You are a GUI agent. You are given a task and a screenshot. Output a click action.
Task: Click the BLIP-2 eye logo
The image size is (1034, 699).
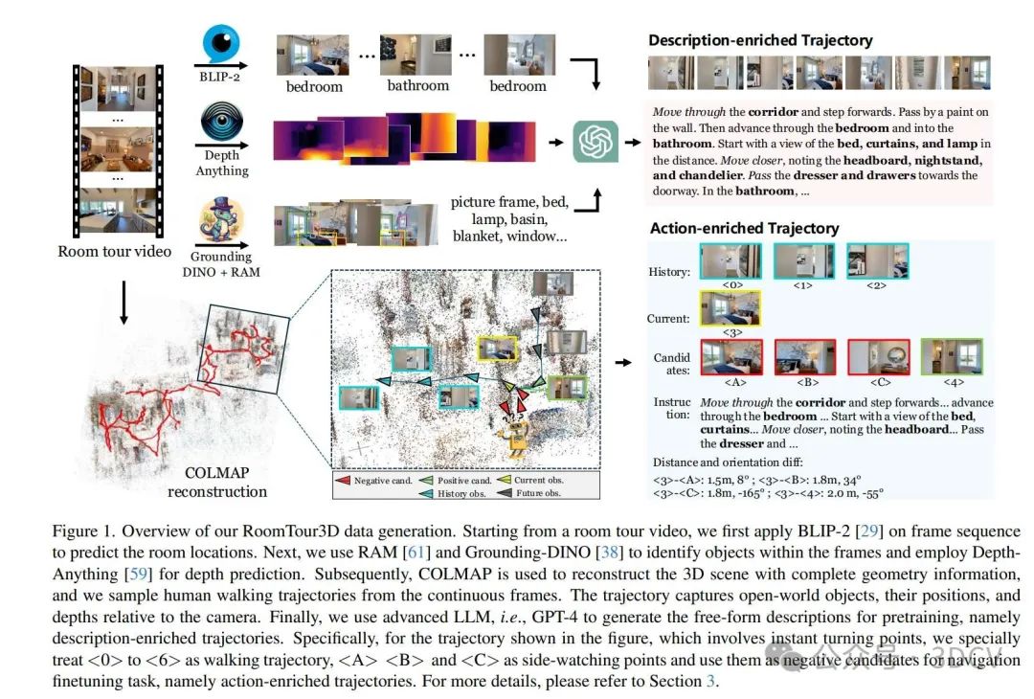(x=221, y=43)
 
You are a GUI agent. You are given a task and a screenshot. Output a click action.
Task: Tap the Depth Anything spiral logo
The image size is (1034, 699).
(x=221, y=124)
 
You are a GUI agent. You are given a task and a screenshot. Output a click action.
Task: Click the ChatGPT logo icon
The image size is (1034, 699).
(x=596, y=142)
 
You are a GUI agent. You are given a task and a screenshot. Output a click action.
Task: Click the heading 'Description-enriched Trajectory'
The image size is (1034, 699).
(x=760, y=40)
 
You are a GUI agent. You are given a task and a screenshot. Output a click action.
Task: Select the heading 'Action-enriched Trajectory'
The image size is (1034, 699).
(x=744, y=228)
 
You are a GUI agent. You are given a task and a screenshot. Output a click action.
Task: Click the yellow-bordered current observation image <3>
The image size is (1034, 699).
(x=732, y=308)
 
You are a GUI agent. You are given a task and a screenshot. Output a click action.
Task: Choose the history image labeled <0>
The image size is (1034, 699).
(x=732, y=260)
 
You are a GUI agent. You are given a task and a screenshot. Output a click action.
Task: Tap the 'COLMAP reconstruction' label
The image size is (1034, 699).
(x=217, y=483)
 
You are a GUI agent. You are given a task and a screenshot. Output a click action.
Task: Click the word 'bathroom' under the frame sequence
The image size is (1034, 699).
(x=417, y=86)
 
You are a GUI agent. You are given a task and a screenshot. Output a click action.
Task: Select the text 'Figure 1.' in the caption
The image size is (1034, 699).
(x=77, y=531)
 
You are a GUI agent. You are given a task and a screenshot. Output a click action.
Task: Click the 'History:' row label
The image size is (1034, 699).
(x=668, y=272)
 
